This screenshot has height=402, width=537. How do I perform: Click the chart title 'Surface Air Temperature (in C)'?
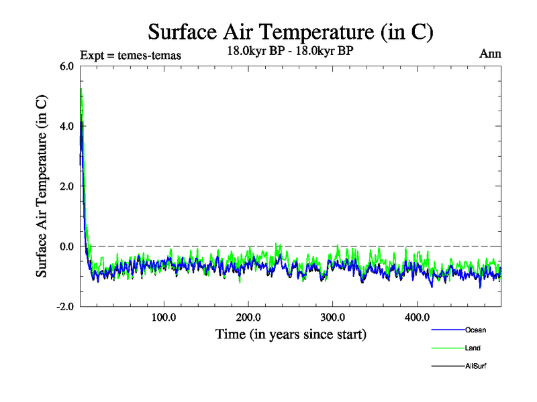[x=291, y=31]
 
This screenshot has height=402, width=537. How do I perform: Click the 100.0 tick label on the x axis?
[x=164, y=317]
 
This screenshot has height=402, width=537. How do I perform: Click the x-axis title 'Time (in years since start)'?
[x=291, y=333]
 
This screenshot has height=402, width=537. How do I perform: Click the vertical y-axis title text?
[x=42, y=186]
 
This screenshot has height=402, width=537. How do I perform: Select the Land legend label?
[x=473, y=348]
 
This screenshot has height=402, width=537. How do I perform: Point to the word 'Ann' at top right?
[x=490, y=53]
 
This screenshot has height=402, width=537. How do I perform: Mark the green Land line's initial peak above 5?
[x=81, y=88]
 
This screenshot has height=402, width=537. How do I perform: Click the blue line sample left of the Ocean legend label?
[x=447, y=330]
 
